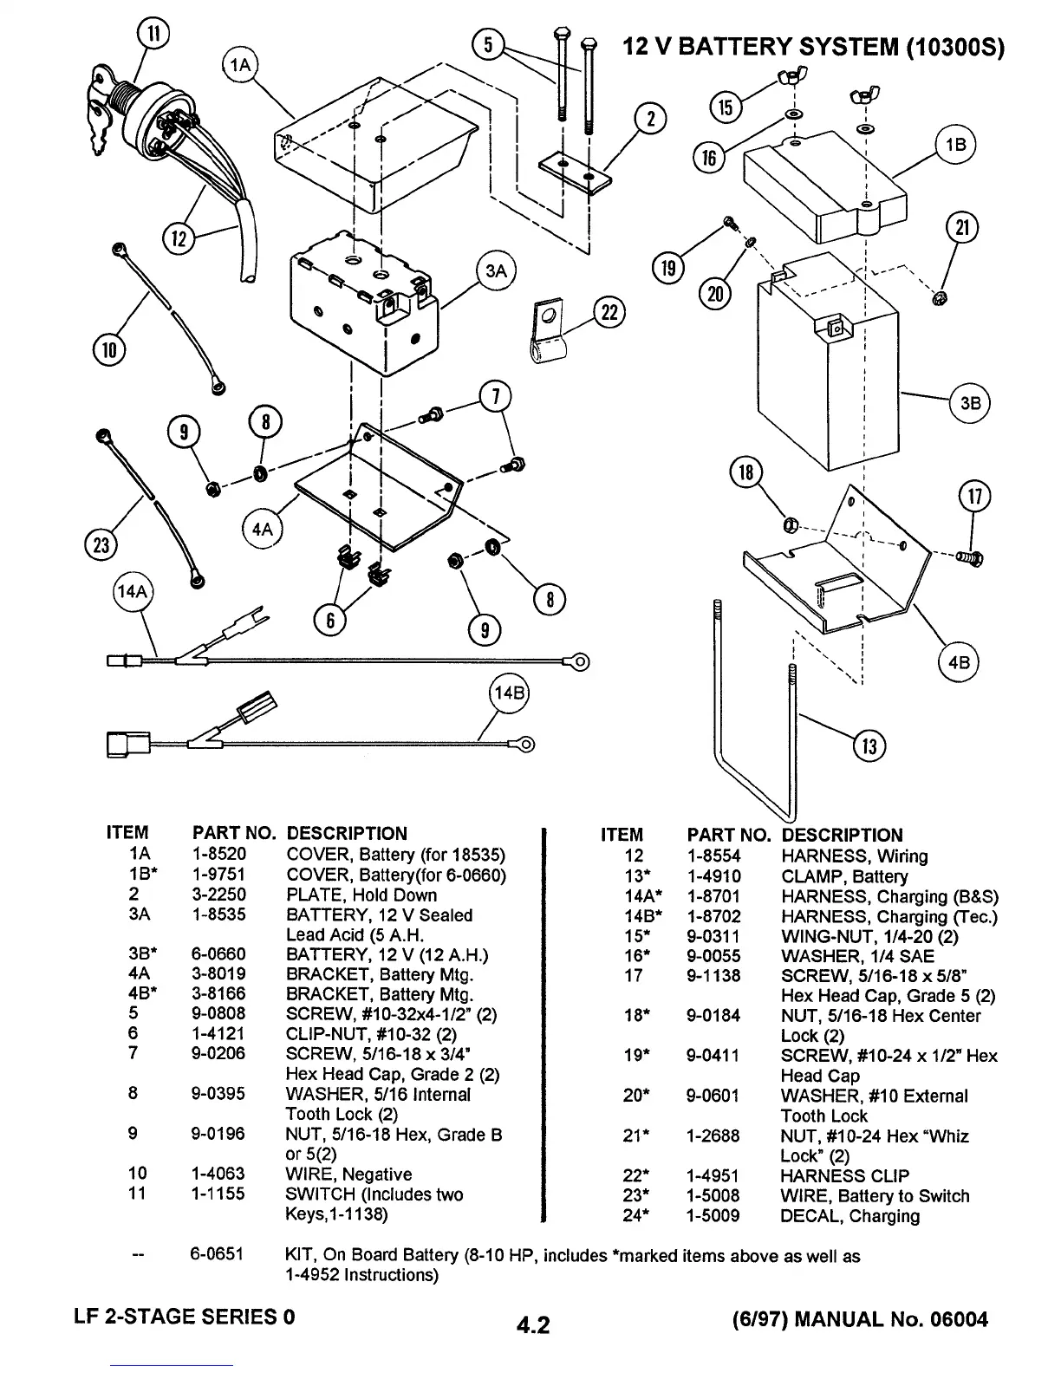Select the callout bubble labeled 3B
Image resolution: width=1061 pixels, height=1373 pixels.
pos(970,403)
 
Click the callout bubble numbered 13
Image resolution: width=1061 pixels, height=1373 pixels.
pos(869,745)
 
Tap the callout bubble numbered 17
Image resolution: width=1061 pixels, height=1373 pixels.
pos(974,497)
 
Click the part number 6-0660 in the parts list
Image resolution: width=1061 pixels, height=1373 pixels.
pos(218,955)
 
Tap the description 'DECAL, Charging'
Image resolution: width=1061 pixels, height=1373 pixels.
pos(849,1216)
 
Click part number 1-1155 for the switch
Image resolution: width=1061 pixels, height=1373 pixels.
pos(218,1194)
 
